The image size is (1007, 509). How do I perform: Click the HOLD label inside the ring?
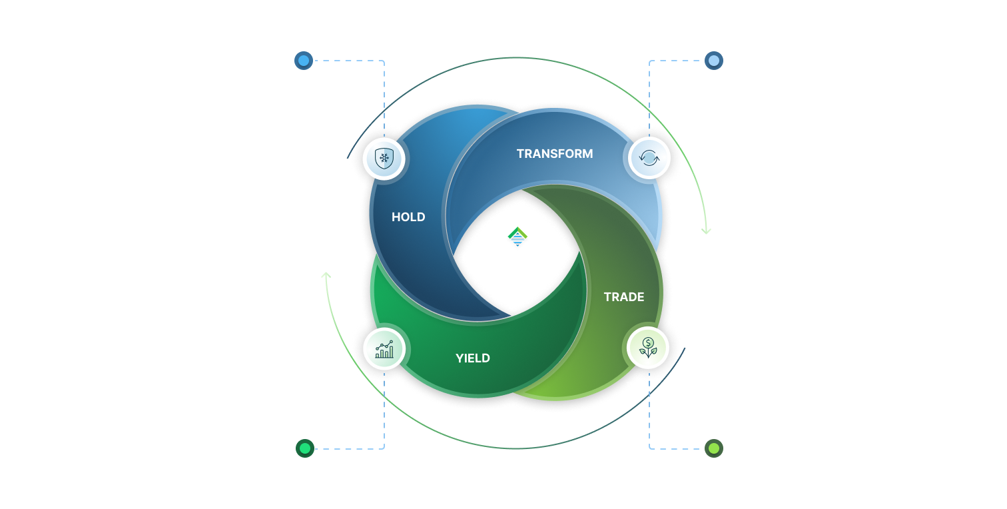pos(408,217)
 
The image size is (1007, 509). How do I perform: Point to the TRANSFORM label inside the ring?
pos(555,154)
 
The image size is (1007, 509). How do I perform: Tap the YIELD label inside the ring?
pos(473,358)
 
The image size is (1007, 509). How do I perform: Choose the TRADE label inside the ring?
pos(624,297)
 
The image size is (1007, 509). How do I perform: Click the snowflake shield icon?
pos(384,159)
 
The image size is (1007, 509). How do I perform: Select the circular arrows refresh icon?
pos(649,158)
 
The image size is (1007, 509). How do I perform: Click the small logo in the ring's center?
pos(517,237)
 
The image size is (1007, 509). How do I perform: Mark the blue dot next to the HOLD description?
pos(304,61)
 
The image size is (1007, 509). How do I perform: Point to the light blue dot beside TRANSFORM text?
pos(713,61)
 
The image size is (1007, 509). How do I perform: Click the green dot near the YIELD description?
pos(304,448)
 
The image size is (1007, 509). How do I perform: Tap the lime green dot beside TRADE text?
pos(713,448)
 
